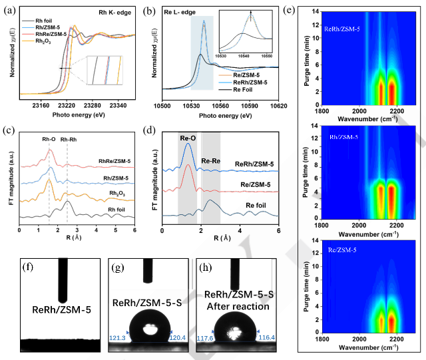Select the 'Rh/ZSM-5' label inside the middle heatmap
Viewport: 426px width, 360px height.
click(x=339, y=136)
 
